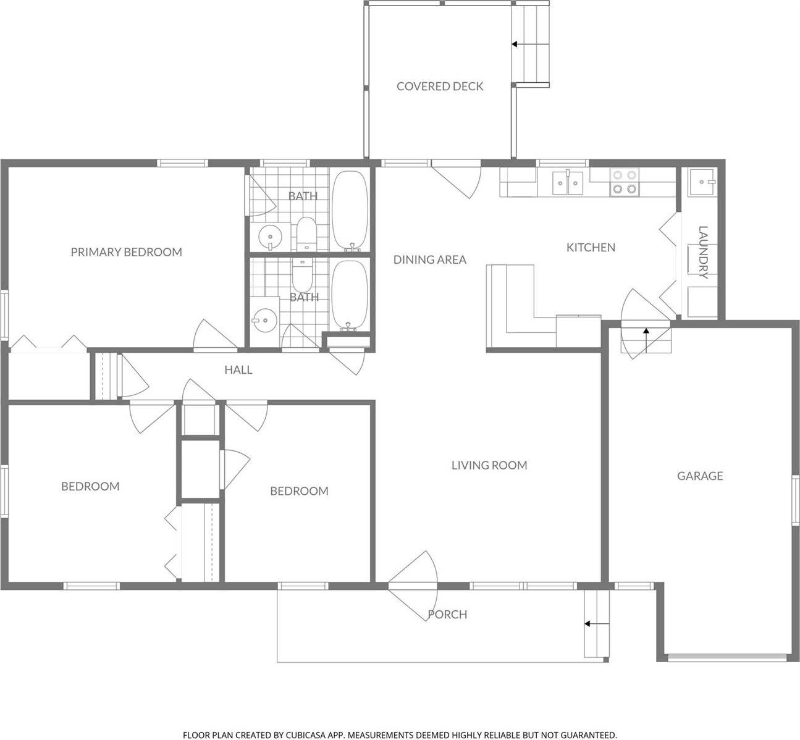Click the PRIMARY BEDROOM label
[x=126, y=252]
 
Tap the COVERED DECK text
[x=440, y=86]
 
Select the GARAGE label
[x=699, y=476]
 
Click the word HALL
[x=238, y=370]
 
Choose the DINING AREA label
[x=429, y=259]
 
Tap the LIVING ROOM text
[x=489, y=465]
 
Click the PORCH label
[x=447, y=615]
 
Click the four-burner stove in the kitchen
[x=623, y=182]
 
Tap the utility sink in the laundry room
[x=702, y=180]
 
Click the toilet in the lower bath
[x=302, y=276]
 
